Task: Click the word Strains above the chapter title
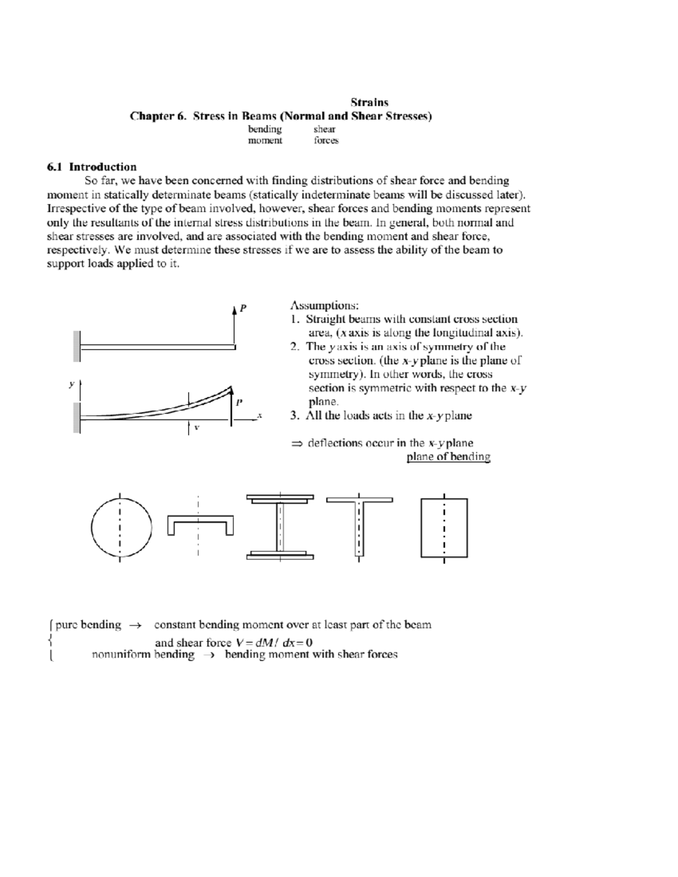pyautogui.click(x=369, y=102)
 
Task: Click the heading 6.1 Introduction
pyautogui.click(x=92, y=167)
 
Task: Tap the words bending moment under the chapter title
pyautogui.click(x=265, y=135)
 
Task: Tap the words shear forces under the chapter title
pyautogui.click(x=325, y=135)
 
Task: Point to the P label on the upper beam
pyautogui.click(x=243, y=308)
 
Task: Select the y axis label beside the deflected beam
pyautogui.click(x=71, y=384)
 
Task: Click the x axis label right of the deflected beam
pyautogui.click(x=259, y=415)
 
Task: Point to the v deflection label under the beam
pyautogui.click(x=197, y=427)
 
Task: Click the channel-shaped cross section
pyautogui.click(x=201, y=525)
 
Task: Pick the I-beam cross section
pyautogui.click(x=280, y=527)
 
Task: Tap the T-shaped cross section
pyautogui.click(x=359, y=526)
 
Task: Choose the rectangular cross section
pyautogui.click(x=444, y=527)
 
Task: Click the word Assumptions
pyautogui.click(x=324, y=306)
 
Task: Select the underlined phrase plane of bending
pyautogui.click(x=448, y=457)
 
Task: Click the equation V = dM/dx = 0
pyautogui.click(x=274, y=642)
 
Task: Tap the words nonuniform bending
pyautogui.click(x=142, y=655)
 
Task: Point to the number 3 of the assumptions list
pyautogui.click(x=294, y=416)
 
